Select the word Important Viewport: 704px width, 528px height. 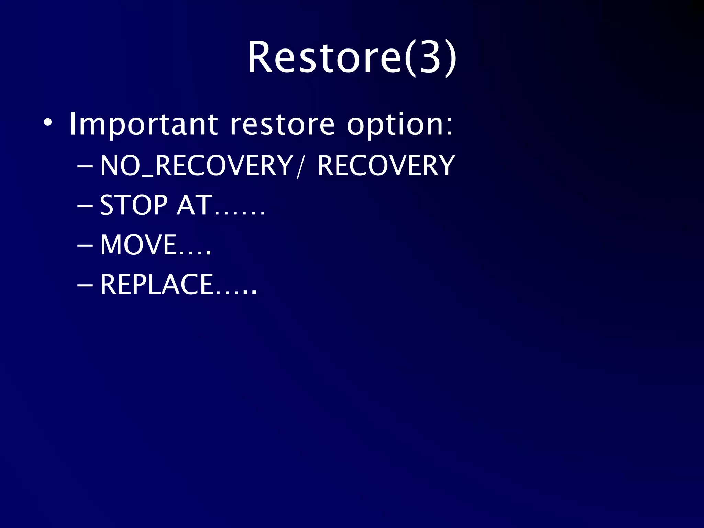coord(143,124)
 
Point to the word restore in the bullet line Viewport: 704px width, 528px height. coord(282,124)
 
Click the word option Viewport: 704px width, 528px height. coord(395,124)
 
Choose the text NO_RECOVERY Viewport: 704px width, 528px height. coord(196,166)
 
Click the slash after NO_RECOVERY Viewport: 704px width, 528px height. coord(300,166)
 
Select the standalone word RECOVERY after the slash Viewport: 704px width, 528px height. coord(386,166)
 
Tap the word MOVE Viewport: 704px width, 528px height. coord(139,245)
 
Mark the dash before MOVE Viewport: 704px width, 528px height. coord(85,246)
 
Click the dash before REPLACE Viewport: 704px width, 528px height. coord(85,285)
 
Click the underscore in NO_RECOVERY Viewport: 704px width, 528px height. coord(148,176)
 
